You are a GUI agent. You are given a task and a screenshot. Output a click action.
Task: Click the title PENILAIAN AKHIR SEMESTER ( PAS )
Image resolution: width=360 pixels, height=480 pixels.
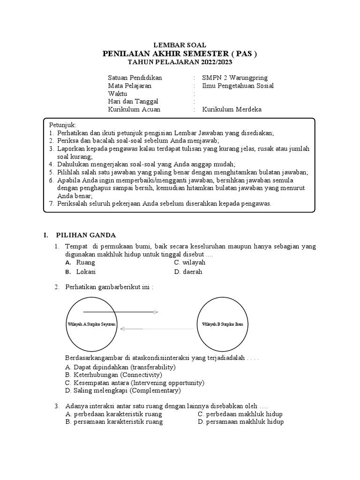coord(180,53)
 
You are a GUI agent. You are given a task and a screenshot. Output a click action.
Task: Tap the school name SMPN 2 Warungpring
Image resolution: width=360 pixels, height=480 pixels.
coord(235,77)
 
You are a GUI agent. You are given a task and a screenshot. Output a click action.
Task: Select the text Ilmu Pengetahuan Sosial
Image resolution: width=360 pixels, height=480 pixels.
coord(238,86)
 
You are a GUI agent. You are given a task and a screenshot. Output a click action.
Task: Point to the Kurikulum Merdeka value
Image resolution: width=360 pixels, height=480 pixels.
coord(232,110)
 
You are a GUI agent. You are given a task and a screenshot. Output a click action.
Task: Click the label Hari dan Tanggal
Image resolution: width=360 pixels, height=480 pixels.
coord(133,101)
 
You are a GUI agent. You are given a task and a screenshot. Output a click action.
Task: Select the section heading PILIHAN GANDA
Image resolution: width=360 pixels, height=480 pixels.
coord(86,235)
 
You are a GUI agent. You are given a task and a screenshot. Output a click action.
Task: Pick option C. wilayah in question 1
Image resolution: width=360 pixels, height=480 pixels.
coord(190,263)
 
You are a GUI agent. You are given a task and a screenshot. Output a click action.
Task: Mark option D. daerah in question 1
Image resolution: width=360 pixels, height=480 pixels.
coord(188,272)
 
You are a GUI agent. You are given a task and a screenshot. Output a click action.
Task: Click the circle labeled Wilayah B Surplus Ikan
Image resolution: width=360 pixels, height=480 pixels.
coord(222,324)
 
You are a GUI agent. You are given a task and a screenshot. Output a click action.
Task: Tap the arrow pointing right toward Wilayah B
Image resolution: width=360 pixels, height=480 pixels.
coord(120,312)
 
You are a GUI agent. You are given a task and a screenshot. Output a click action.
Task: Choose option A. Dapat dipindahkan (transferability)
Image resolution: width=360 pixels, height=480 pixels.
coord(120,367)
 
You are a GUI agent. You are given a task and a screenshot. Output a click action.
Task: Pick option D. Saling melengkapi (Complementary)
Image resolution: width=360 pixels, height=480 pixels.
coord(123,390)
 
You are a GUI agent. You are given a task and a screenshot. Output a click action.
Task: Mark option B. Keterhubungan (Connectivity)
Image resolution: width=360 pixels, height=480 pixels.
coord(114,375)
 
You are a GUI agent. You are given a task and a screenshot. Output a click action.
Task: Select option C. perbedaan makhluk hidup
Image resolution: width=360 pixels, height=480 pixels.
coord(240,414)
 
